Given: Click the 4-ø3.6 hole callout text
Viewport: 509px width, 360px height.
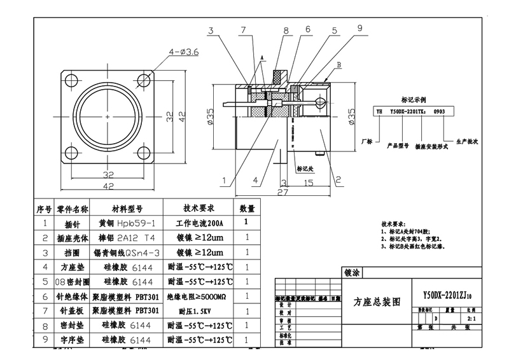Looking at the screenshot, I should tap(184, 52).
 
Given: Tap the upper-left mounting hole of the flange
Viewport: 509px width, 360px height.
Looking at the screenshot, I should tap(69, 78).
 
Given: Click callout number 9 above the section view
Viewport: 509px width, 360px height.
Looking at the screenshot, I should tap(359, 28).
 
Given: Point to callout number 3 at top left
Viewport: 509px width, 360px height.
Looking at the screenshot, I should tap(211, 31).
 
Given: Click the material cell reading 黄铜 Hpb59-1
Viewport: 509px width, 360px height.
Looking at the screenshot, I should tap(127, 223).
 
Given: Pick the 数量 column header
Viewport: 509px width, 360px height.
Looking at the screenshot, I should tap(246, 209).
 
